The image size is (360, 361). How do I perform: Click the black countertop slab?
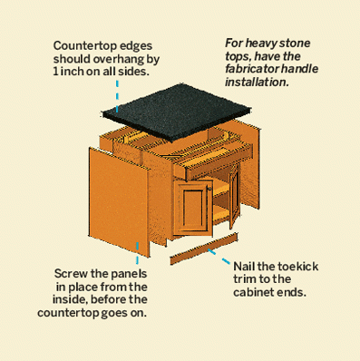click(177, 112)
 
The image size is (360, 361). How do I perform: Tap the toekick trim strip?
click(203, 249)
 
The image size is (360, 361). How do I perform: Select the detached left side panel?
click(119, 201)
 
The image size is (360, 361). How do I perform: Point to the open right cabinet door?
click(234, 195)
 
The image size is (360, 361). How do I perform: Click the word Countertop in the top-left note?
click(85, 46)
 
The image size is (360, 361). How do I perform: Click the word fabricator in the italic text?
click(252, 69)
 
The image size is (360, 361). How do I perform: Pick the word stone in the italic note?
click(295, 44)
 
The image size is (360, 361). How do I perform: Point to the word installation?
click(257, 82)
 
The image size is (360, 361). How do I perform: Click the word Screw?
click(71, 274)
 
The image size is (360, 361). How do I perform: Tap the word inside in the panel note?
click(70, 299)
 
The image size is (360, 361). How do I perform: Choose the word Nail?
click(244, 267)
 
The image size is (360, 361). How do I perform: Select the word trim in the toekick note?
click(244, 279)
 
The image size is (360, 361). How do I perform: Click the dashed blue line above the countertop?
click(117, 96)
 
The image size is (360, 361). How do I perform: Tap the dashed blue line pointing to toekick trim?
click(219, 257)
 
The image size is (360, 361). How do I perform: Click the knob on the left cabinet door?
click(209, 189)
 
